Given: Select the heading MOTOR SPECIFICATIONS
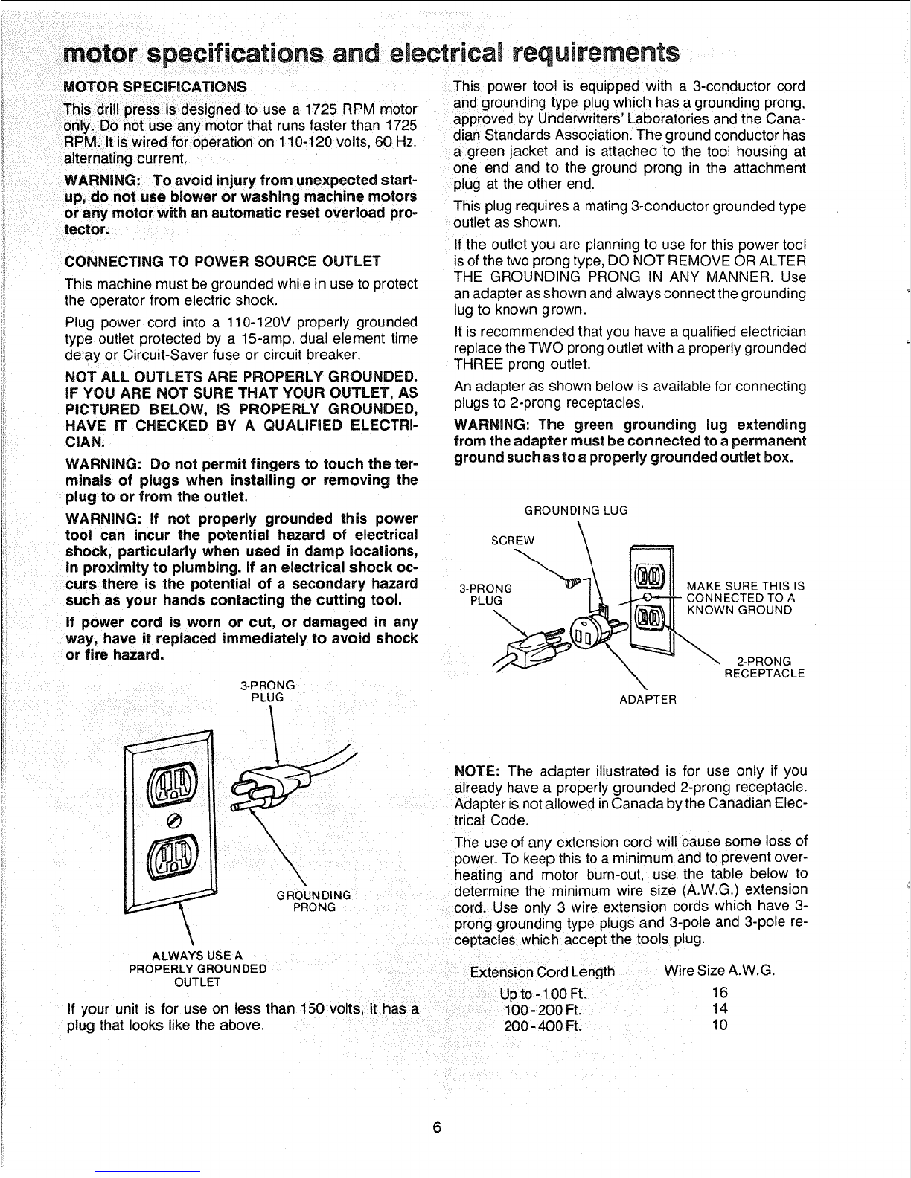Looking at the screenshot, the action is pyautogui.click(x=155, y=87).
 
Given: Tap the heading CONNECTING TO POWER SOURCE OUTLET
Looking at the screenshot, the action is pyautogui.click(x=223, y=261).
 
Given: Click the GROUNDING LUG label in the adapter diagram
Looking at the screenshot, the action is pyautogui.click(x=575, y=510).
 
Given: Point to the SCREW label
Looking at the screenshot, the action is pyautogui.click(x=513, y=541).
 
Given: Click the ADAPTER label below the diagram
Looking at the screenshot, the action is pyautogui.click(x=648, y=699).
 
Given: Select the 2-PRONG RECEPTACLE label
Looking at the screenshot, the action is pyautogui.click(x=764, y=667).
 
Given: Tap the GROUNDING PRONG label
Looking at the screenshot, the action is pyautogui.click(x=313, y=901).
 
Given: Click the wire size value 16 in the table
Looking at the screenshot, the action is pyautogui.click(x=720, y=993).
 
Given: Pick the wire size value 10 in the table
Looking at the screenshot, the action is pyautogui.click(x=720, y=1025).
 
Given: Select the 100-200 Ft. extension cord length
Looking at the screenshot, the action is pyautogui.click(x=543, y=1010).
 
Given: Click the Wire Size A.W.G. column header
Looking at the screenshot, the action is pyautogui.click(x=720, y=971).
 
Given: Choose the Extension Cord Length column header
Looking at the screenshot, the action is pyautogui.click(x=542, y=971).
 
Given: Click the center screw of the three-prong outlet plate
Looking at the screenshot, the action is pyautogui.click(x=173, y=821).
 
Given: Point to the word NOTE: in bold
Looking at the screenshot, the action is pyautogui.click(x=477, y=771).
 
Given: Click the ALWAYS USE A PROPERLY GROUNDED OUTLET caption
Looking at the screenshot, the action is pyautogui.click(x=197, y=969).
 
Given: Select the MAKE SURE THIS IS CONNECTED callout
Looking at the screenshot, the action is pyautogui.click(x=745, y=598).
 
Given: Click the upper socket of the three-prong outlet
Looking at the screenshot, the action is pyautogui.click(x=171, y=783).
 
